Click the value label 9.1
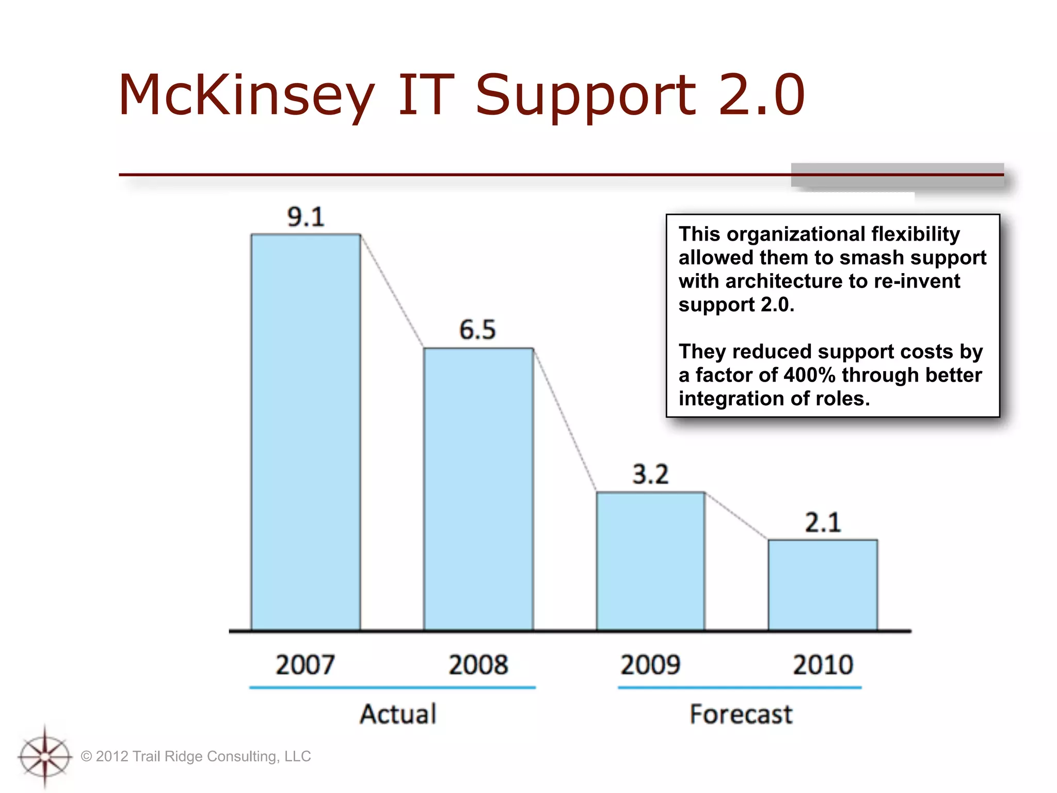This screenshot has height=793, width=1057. coord(306,217)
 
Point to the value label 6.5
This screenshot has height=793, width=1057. coord(477,330)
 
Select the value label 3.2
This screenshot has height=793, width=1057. coord(650,474)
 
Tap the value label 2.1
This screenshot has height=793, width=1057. coord(823,522)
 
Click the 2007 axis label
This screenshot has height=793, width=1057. coord(305,665)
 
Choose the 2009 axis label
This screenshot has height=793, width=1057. coord(650,665)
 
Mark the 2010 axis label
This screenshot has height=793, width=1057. coord(823,665)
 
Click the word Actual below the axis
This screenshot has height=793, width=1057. coord(398,715)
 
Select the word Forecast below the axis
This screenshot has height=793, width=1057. coord(741,715)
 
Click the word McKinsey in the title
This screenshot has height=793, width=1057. coord(246,96)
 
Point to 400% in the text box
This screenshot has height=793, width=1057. coord(809,375)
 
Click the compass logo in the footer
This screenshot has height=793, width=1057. coord(45,757)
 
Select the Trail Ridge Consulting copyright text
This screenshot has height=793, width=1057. coord(196,756)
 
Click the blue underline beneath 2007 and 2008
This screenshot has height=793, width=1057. coord(392,688)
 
